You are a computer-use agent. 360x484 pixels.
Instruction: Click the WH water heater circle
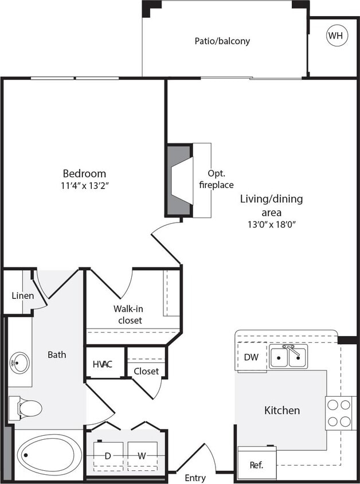(336, 36)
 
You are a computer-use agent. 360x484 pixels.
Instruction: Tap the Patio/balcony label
(222, 41)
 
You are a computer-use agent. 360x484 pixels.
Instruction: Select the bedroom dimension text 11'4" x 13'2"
(85, 185)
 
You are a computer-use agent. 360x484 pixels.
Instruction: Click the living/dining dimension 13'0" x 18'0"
(271, 224)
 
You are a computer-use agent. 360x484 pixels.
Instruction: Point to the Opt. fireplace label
(217, 179)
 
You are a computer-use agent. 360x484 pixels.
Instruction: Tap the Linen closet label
(22, 296)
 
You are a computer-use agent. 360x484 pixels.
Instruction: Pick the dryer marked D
(107, 456)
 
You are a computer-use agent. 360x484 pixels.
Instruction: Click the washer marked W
(140, 456)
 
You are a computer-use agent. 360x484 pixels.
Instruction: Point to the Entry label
(195, 478)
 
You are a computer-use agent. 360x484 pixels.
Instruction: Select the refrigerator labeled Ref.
(257, 464)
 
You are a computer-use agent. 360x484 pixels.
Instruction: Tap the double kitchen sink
(288, 357)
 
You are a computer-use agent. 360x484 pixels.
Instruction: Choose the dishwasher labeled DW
(251, 357)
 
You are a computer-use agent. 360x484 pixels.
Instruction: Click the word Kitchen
(281, 410)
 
